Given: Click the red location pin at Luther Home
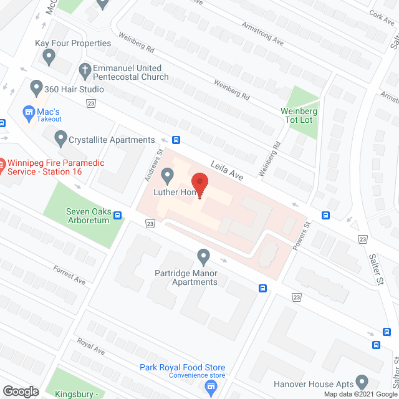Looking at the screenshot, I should [x=199, y=185].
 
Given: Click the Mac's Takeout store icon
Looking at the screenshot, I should [x=28, y=112].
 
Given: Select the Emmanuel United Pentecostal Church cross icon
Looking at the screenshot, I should [x=85, y=69].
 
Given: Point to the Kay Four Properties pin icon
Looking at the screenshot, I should [x=49, y=57].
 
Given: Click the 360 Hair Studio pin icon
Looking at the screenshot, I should [x=36, y=89].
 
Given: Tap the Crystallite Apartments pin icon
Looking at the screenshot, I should [x=60, y=137].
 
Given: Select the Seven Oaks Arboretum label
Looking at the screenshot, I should [x=88, y=215].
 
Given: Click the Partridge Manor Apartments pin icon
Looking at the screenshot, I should [x=203, y=256].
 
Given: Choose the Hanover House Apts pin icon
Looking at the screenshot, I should [x=362, y=381].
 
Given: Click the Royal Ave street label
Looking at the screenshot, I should [x=90, y=347].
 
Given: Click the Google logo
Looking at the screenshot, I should [x=21, y=392].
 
